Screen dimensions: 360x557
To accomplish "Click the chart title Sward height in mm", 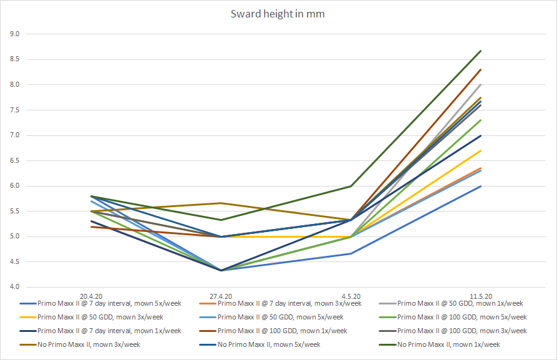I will tap(278, 14).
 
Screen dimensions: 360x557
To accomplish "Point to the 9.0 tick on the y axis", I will tap(14, 34).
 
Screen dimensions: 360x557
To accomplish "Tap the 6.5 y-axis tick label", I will tap(14, 160).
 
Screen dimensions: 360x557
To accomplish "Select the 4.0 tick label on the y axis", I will tap(14, 287).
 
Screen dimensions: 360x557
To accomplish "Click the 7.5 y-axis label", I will tap(14, 110).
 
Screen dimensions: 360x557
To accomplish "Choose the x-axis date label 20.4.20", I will tap(92, 296).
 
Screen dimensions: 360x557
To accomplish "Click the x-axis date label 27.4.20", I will tap(221, 296).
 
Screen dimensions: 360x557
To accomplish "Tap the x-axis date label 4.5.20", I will tap(351, 296).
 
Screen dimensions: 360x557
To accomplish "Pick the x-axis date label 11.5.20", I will tap(480, 296).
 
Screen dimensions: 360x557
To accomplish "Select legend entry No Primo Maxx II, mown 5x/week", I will tap(269, 344).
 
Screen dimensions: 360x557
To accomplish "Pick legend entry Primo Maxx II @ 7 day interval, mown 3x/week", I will tap(289, 304).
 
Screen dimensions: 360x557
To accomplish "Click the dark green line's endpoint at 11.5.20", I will tap(481, 51).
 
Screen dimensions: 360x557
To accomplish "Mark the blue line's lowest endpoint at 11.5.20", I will tap(481, 186).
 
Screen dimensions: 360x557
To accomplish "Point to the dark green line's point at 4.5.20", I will tap(351, 186).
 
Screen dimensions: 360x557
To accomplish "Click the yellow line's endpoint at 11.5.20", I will tap(481, 150).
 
